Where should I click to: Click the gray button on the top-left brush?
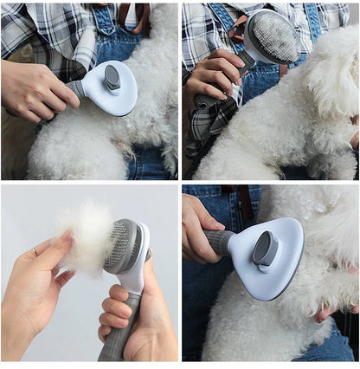(112, 79)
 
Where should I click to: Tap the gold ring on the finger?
(34, 251)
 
